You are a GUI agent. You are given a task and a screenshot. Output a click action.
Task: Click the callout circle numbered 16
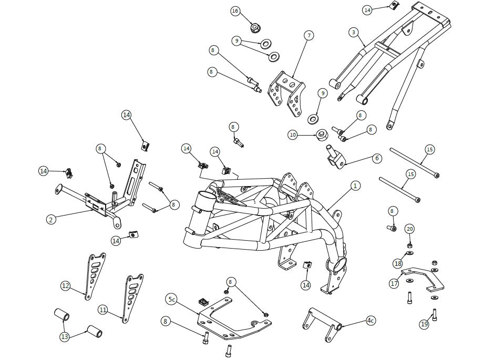pyautogui.click(x=235, y=11)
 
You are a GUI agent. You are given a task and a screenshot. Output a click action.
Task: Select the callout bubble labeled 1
pyautogui.click(x=355, y=186)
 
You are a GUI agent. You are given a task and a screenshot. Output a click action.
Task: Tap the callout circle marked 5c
pyautogui.click(x=171, y=300)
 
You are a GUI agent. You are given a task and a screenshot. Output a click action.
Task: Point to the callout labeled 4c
pyautogui.click(x=371, y=321)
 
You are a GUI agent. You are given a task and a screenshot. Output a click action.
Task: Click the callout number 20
pyautogui.click(x=409, y=229)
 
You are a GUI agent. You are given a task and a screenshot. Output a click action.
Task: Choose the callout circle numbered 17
pyautogui.click(x=395, y=284)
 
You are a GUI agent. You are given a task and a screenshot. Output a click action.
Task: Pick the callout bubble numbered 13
pyautogui.click(x=65, y=337)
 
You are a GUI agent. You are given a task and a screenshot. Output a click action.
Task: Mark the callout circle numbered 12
pyautogui.click(x=66, y=286)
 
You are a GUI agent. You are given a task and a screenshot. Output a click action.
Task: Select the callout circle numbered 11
pyautogui.click(x=102, y=310)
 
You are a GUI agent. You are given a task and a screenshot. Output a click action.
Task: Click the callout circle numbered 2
pyautogui.click(x=51, y=219)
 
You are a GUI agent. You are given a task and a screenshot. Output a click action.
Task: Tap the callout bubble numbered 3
pyautogui.click(x=354, y=32)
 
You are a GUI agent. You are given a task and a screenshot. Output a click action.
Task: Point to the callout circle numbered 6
pyautogui.click(x=377, y=158)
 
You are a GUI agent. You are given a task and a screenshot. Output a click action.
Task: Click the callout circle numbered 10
pyautogui.click(x=293, y=135)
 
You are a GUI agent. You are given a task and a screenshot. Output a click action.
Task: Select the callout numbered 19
pyautogui.click(x=425, y=324)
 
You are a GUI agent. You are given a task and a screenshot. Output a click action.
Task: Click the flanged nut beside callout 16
pyautogui.click(x=254, y=28)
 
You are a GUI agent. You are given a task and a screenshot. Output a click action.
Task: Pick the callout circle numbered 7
pyautogui.click(x=309, y=36)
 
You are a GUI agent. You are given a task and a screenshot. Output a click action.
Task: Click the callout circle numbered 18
pyautogui.click(x=398, y=263)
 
